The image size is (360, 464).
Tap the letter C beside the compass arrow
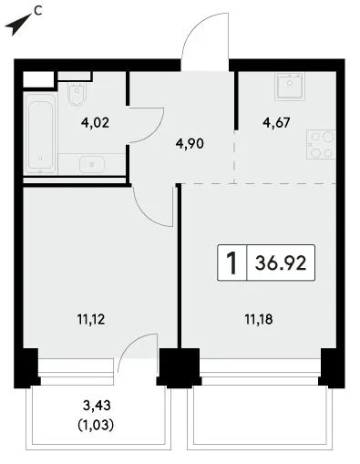pos(38,11)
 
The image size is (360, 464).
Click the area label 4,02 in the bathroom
pos(95,123)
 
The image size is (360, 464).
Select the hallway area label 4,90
pos(190,143)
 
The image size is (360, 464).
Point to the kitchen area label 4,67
pos(276,123)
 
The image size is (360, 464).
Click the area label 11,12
pos(91,319)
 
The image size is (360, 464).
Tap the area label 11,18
pos(259,319)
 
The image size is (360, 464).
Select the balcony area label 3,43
pos(97,406)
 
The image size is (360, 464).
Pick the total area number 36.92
pos(281,263)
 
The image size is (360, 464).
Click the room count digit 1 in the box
pos(231,263)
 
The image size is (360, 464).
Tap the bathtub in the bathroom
pos(40,133)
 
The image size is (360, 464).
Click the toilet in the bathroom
pos(77,93)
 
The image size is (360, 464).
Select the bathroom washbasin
pos(92,164)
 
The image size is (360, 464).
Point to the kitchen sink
pos(290,87)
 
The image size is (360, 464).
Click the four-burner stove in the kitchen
pos(321,144)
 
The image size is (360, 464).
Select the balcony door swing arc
pos(129,344)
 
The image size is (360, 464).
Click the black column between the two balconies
pos(180,367)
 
